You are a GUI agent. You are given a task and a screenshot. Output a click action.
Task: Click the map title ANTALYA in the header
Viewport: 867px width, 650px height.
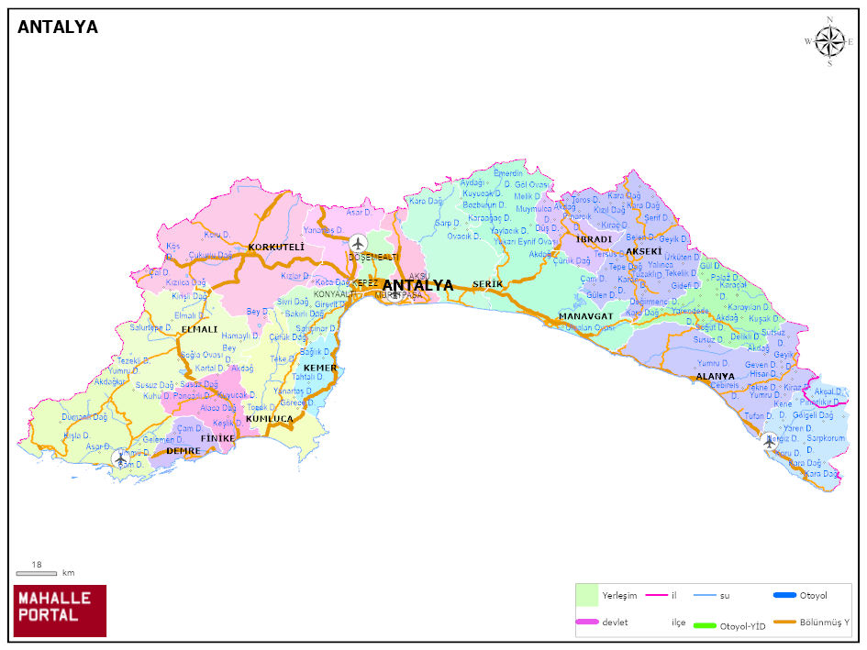tap(58, 28)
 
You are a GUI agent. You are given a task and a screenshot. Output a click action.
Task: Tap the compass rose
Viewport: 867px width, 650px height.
tap(829, 41)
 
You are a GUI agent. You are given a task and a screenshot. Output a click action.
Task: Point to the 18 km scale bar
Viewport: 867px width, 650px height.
tap(37, 573)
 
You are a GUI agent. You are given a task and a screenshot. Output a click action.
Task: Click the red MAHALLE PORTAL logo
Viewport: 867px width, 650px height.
tap(60, 611)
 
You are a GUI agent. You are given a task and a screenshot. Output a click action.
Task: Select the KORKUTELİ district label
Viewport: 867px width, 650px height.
tap(276, 248)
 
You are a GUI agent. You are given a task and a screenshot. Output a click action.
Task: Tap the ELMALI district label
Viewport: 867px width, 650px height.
tap(199, 329)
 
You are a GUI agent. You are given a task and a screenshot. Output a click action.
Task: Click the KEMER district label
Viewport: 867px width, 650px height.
tap(320, 368)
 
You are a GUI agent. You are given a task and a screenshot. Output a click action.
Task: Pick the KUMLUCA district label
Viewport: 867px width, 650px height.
tap(269, 419)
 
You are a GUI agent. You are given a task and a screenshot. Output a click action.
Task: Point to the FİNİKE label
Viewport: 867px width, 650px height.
tap(217, 438)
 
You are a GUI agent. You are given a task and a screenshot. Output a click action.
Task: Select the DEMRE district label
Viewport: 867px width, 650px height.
tap(183, 450)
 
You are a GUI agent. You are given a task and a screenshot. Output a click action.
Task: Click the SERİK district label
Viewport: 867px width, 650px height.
tap(488, 285)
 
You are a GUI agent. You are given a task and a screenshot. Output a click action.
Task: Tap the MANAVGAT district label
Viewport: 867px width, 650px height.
tap(585, 316)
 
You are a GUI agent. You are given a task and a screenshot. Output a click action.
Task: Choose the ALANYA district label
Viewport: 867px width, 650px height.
tap(715, 377)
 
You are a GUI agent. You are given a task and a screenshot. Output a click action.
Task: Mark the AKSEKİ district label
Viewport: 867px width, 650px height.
tap(643, 251)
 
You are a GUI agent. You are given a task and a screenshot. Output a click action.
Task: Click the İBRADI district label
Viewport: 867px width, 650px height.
tap(594, 239)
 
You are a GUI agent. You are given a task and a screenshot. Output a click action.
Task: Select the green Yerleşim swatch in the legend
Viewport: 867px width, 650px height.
tap(587, 595)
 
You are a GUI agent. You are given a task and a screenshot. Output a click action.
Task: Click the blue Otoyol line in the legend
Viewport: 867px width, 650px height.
tap(784, 595)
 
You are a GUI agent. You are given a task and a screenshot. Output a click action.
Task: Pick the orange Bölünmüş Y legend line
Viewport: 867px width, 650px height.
tap(784, 623)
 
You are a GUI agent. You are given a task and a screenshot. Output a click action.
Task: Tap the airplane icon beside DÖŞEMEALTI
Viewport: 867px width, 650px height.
tap(358, 243)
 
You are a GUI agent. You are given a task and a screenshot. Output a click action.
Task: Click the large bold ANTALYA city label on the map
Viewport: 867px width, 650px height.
tap(417, 286)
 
